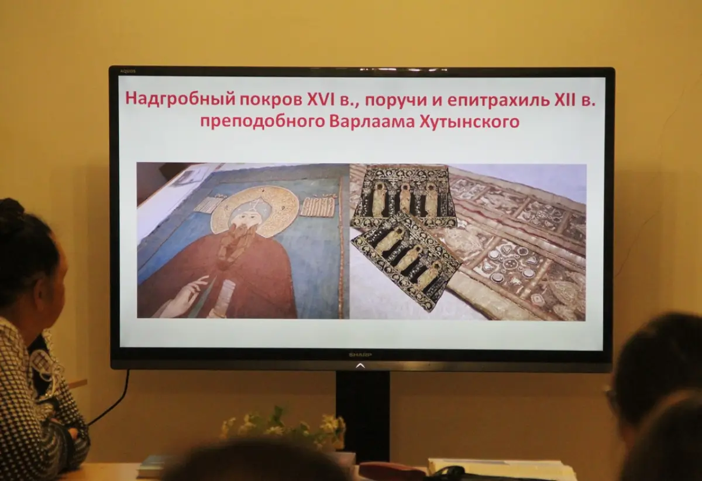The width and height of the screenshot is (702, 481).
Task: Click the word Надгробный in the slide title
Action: coord(180,100)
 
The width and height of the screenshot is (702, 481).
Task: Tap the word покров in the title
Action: coord(270,100)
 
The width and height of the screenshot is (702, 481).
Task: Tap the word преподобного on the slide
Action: coord(262,122)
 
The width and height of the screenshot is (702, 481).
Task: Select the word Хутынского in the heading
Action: coord(469,122)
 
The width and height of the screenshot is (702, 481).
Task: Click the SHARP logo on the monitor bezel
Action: coord(360,355)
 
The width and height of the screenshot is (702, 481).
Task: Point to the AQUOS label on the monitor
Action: coord(128,71)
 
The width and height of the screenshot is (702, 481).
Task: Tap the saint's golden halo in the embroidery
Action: coord(254,211)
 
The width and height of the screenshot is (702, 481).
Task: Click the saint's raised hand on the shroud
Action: coord(187,295)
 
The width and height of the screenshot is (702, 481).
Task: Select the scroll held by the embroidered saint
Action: coord(223,299)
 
